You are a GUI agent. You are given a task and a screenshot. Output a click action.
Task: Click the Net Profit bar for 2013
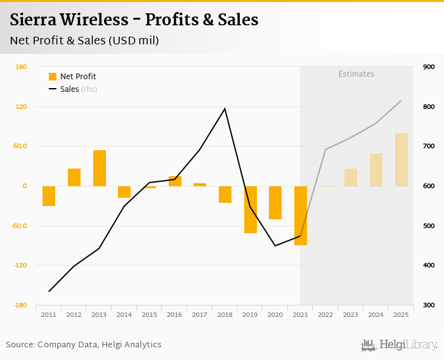99,168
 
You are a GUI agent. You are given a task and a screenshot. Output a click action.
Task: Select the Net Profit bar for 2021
300,215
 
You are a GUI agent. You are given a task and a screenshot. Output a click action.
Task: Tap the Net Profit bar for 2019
250,209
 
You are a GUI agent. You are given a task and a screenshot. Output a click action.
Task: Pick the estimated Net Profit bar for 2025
401,160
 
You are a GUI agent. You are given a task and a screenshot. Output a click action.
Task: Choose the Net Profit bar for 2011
49,196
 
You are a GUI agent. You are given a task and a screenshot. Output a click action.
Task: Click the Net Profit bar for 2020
275,203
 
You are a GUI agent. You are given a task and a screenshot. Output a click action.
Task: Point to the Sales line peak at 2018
225,108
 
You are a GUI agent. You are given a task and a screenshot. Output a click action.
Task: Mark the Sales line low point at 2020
275,246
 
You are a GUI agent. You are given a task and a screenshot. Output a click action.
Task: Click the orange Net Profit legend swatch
53,77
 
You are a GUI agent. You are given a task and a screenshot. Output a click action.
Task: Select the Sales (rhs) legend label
79,89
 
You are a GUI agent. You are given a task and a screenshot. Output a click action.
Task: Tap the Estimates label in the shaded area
356,74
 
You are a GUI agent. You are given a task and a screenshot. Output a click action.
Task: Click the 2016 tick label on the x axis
174,314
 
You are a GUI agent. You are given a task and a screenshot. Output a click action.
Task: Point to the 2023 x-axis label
351,314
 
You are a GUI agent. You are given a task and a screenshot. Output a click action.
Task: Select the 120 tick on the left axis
20,106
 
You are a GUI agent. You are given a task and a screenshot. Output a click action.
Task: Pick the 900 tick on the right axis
428,67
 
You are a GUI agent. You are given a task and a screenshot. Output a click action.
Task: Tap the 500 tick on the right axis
428,226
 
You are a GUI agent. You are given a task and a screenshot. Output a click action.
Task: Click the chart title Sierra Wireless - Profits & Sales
134,20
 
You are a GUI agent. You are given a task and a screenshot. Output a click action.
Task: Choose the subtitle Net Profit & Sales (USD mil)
84,41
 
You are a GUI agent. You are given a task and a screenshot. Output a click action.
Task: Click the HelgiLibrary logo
399,345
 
